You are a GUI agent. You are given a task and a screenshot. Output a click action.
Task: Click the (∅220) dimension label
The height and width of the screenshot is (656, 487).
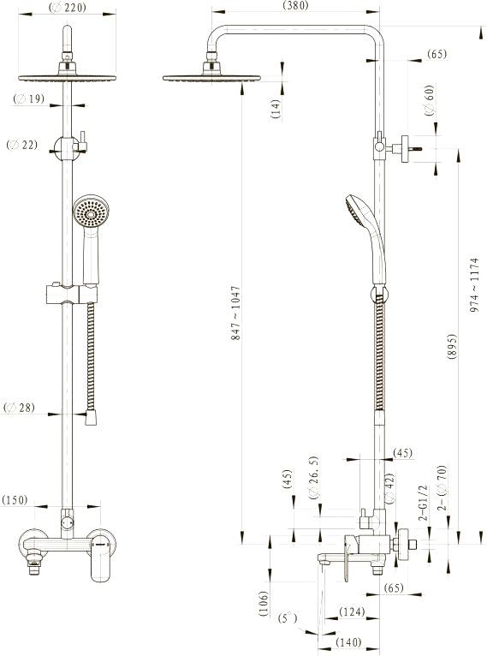pyautogui.click(x=68, y=7)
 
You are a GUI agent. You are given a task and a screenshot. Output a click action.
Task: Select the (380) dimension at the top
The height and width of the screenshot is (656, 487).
pyautogui.click(x=295, y=5)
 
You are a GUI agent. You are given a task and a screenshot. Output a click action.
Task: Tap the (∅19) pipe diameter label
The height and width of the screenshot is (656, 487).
pyautogui.click(x=28, y=98)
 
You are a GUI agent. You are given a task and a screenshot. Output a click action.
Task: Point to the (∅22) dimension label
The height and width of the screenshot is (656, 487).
pyautogui.click(x=22, y=145)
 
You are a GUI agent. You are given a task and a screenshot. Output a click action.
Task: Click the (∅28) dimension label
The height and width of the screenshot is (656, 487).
pyautogui.click(x=19, y=407)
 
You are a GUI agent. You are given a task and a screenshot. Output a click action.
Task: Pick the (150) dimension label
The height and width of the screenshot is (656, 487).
pyautogui.click(x=15, y=500)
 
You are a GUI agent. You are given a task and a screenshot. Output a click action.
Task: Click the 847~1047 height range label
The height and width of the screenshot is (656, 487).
pyautogui.click(x=235, y=313)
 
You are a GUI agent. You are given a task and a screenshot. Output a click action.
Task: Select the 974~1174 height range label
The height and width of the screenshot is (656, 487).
pyautogui.click(x=473, y=285)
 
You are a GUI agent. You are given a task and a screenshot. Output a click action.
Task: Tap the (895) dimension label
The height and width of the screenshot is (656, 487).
pyautogui.click(x=452, y=346)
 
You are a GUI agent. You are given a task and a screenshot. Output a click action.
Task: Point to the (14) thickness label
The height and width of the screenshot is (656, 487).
pyautogui.click(x=276, y=109)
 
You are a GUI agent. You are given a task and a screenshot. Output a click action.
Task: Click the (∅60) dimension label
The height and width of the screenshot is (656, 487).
pyautogui.click(x=430, y=100)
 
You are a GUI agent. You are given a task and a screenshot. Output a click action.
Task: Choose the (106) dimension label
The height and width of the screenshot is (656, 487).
pyautogui.click(x=264, y=603)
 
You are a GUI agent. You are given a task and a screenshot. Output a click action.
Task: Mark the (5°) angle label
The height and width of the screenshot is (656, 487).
pyautogui.click(x=288, y=618)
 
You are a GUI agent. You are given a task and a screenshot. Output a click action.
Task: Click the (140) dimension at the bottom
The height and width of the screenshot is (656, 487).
pyautogui.click(x=348, y=641)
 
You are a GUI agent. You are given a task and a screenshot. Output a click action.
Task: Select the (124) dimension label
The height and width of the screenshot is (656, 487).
pyautogui.click(x=352, y=611)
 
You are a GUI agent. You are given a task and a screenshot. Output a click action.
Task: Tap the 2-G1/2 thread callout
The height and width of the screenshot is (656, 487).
pyautogui.click(x=424, y=503)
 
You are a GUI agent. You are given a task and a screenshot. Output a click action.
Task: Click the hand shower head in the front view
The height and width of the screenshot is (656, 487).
pyautogui.click(x=91, y=212)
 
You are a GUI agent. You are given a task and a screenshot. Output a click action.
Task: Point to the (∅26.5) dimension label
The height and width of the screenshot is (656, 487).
pyautogui.click(x=314, y=477)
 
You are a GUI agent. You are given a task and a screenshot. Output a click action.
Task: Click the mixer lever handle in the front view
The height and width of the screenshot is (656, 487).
pyautogui.click(x=101, y=556)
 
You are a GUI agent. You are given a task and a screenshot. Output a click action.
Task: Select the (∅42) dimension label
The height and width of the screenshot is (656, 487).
pyautogui.click(x=389, y=488)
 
